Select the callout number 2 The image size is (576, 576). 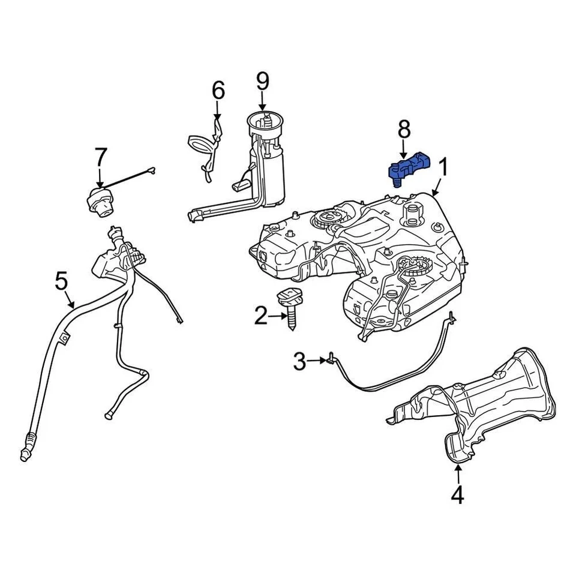(x=260, y=316)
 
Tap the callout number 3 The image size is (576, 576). (x=299, y=361)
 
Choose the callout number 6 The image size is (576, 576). (x=218, y=91)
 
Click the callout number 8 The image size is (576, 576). (x=404, y=128)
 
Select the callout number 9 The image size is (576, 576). (x=263, y=81)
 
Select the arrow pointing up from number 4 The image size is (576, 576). (x=458, y=473)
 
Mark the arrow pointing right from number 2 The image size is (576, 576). (x=278, y=316)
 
